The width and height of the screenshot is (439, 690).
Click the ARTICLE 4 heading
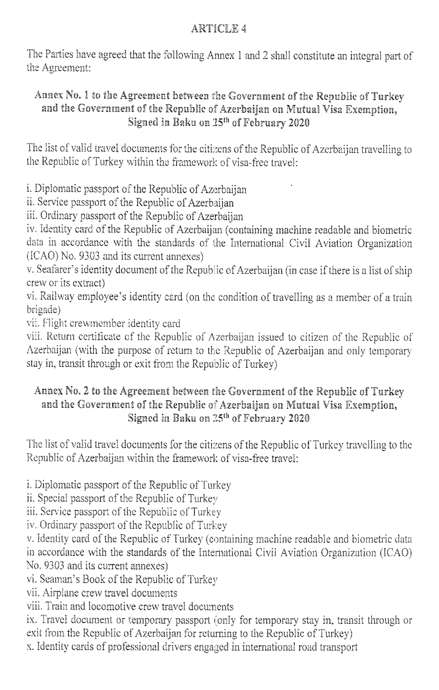pos(219,29)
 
